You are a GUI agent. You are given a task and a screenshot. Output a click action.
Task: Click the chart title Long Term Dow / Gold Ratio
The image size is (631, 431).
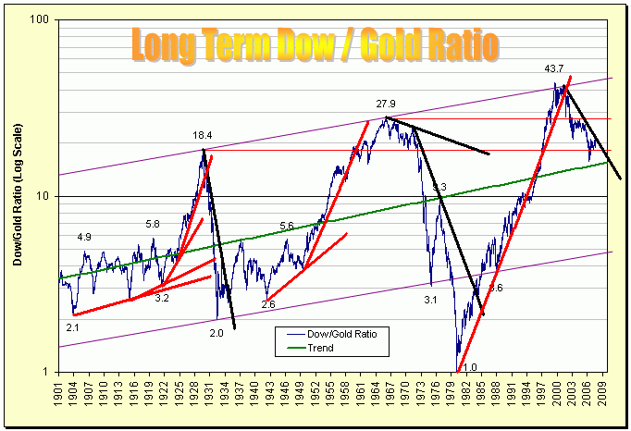(x=315, y=45)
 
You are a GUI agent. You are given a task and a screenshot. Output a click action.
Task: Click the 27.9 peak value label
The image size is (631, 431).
(x=386, y=104)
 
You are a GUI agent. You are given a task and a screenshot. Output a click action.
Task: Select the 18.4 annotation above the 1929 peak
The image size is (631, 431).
(x=203, y=136)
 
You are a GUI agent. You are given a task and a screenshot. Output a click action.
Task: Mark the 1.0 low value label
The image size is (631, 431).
(x=470, y=366)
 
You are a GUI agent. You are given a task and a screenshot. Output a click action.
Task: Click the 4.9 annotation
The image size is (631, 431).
(x=84, y=237)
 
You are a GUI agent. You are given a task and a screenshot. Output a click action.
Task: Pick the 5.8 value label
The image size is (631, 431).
(x=154, y=224)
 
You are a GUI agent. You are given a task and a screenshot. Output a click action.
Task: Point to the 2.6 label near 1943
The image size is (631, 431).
(x=267, y=304)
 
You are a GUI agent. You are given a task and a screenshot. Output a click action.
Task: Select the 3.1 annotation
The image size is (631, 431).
(x=430, y=300)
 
